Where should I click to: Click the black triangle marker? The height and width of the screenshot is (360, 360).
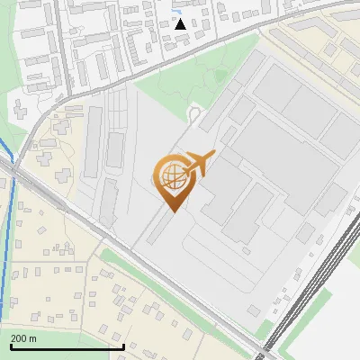pos(180,23)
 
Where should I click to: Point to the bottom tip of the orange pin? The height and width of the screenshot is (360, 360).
pos(170,211)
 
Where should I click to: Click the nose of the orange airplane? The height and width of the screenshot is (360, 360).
pos(212,155)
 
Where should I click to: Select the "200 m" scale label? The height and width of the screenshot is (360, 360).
pos(23,337)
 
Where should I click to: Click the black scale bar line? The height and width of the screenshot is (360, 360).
pos(67,346)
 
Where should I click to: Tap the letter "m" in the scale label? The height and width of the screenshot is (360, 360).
pos(32,337)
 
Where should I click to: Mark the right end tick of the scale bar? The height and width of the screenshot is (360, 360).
pos(123,345)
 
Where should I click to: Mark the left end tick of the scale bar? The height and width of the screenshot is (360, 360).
pos(11,345)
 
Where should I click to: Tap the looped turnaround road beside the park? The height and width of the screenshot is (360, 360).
pos(194,112)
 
